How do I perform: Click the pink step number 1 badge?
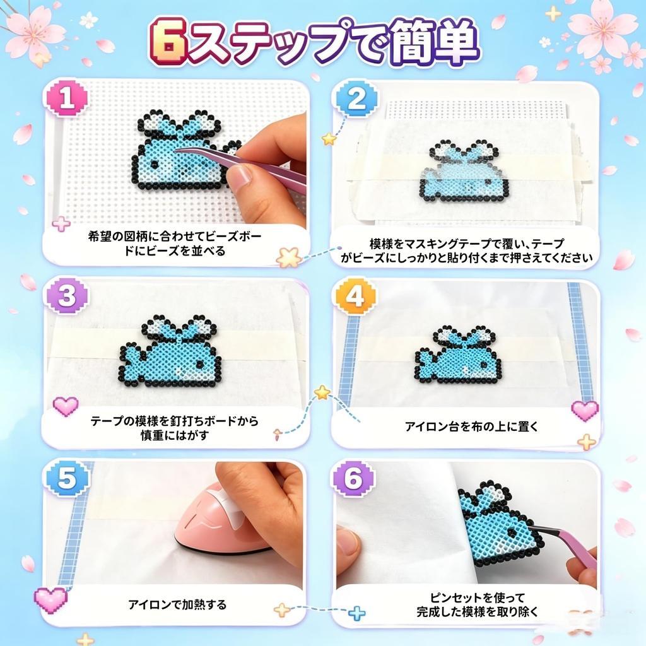(x=67, y=98)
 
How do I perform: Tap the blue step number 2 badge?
(x=357, y=98)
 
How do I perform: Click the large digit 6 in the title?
(x=168, y=42)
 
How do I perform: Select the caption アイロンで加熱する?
(x=177, y=604)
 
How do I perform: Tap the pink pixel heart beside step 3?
(x=66, y=406)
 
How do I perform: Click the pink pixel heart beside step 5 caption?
(x=50, y=599)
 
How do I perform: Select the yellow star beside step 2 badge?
(x=329, y=139)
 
